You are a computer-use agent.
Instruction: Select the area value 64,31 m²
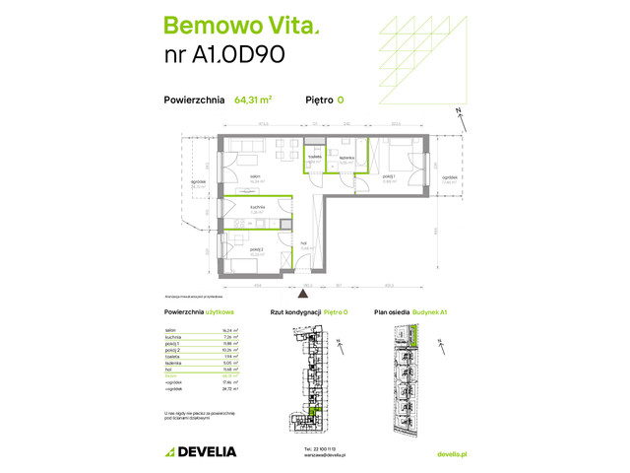[254, 100]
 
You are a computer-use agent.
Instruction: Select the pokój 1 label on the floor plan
[388, 178]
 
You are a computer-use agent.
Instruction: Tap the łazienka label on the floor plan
[346, 159]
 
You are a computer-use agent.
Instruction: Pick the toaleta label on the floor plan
[314, 158]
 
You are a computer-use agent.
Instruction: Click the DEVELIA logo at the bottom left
[201, 452]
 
